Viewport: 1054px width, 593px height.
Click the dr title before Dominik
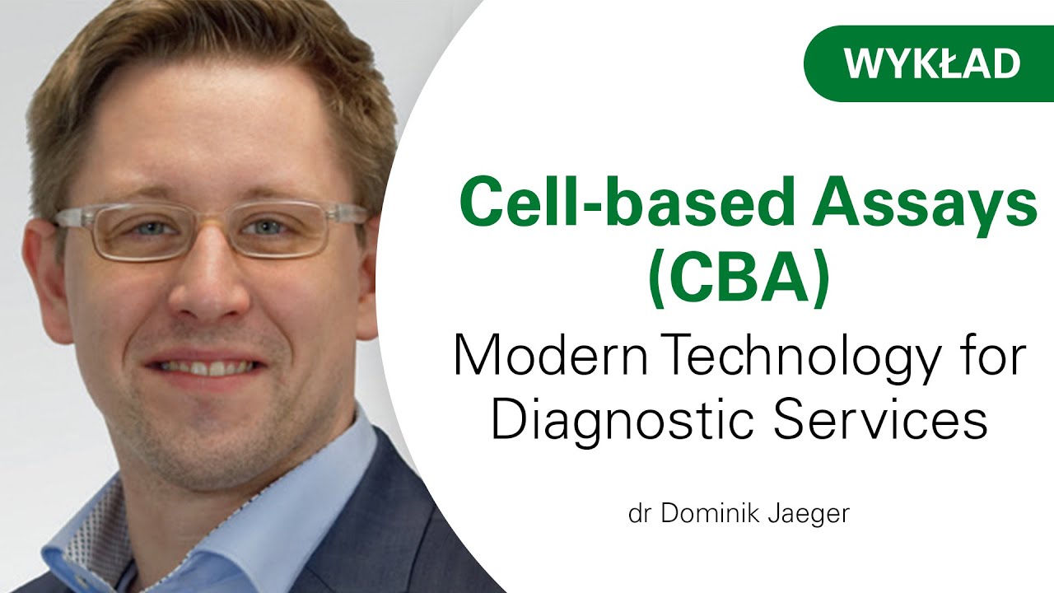(x=638, y=514)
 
